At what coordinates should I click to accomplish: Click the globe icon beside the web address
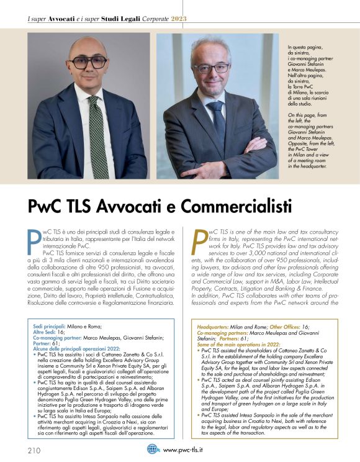(x=153, y=450)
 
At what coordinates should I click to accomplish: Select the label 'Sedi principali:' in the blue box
(x=52, y=326)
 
